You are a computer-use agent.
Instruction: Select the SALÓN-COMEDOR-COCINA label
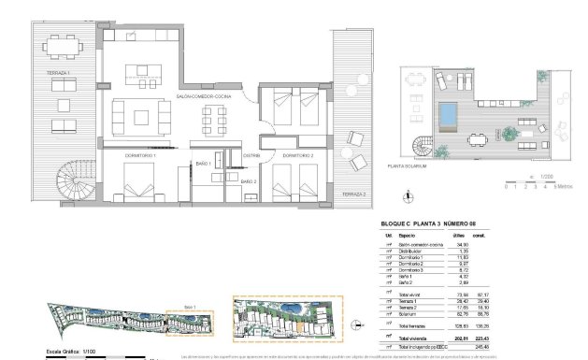[x=209, y=96]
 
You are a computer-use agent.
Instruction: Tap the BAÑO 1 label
[x=206, y=165]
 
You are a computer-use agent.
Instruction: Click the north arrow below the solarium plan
[x=406, y=195]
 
